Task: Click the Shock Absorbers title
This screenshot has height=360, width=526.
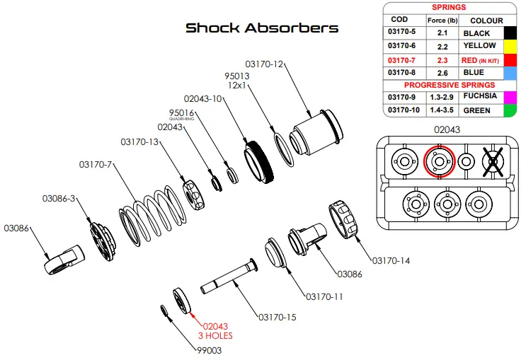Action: pos(262,28)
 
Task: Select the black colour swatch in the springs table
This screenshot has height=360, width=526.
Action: pos(508,33)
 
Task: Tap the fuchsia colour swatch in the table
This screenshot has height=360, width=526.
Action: pos(508,96)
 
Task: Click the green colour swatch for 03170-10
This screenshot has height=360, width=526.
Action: pos(508,110)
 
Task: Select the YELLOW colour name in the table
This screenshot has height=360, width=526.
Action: pos(479,46)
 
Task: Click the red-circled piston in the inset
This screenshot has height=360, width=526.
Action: pos(438,161)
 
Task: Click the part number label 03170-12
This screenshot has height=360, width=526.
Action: pos(264,64)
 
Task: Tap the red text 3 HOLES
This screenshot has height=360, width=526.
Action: pos(215,335)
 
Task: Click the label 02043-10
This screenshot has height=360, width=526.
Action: pos(202,99)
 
